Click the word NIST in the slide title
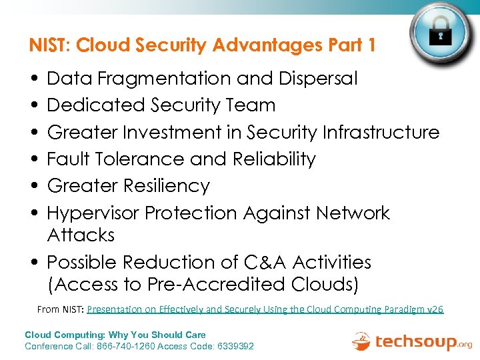point(49,46)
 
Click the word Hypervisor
point(93,213)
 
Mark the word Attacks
point(81,235)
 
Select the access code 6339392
point(230,346)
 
